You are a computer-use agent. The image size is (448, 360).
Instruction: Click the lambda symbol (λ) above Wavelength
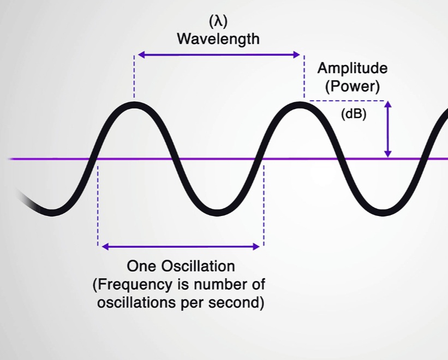(218, 22)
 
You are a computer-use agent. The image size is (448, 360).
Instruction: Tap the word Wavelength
(218, 39)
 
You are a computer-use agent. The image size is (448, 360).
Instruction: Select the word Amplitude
(353, 69)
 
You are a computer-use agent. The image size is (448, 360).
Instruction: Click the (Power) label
(353, 86)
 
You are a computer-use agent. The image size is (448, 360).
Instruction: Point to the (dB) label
(353, 115)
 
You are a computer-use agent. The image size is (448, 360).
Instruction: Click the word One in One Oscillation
(142, 267)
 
